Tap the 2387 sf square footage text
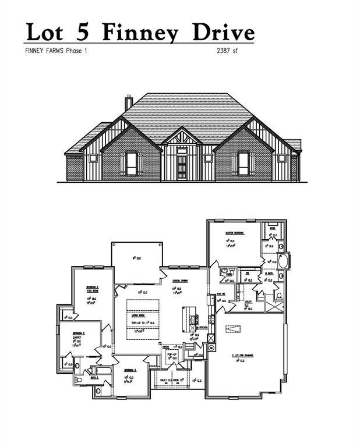click(x=227, y=51)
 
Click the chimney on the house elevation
click(x=129, y=102)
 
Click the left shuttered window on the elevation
click(x=131, y=163)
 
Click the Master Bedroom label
click(x=235, y=233)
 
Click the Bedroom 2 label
click(x=79, y=334)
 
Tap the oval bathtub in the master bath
click(x=283, y=260)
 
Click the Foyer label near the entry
click(x=174, y=347)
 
